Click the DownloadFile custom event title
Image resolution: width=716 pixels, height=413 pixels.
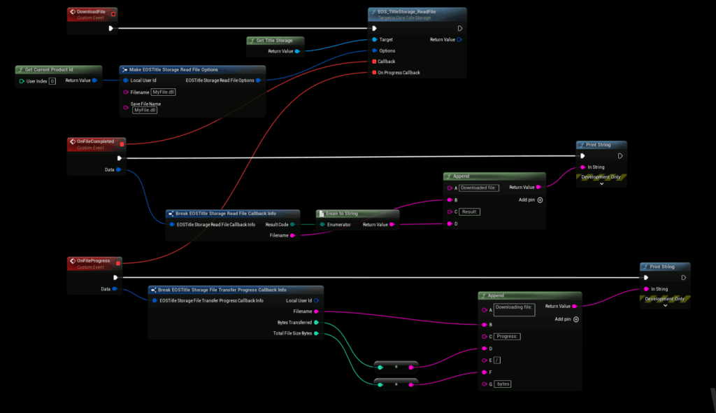(92, 13)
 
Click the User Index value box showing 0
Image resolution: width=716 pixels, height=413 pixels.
(52, 81)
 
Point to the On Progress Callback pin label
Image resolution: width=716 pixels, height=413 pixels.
(399, 72)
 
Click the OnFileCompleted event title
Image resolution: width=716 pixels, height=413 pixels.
(95, 141)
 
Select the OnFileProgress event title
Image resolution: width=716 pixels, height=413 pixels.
(94, 260)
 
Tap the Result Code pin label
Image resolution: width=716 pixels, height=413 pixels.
(277, 225)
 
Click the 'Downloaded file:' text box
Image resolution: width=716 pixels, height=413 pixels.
(479, 188)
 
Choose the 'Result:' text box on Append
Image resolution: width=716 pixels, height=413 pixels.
(470, 211)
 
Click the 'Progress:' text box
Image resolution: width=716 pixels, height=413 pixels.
(507, 336)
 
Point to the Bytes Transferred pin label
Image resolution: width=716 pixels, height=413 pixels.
(295, 322)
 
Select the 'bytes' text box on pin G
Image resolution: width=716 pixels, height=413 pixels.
(503, 384)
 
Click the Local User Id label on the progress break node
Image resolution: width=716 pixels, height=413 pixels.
(299, 300)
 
